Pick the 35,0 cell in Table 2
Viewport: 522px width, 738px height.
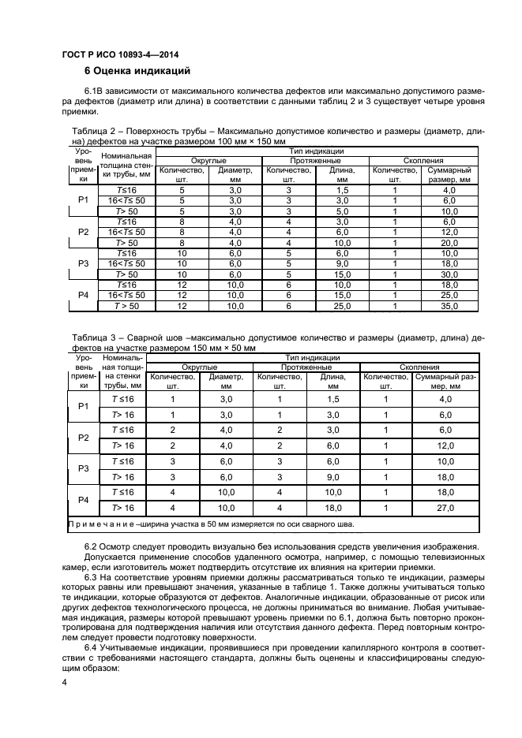click(x=449, y=305)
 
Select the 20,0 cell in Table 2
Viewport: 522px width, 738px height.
click(x=449, y=244)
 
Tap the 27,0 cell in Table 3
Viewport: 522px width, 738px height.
click(x=445, y=508)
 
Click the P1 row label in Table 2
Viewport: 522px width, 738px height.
click(x=83, y=201)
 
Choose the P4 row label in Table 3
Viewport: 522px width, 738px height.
click(x=83, y=500)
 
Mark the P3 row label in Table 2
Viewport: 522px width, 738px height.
click(x=83, y=263)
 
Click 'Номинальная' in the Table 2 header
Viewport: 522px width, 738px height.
click(x=121, y=156)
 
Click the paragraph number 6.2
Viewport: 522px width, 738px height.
click(x=93, y=546)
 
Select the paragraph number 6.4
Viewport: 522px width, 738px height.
click(x=93, y=647)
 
